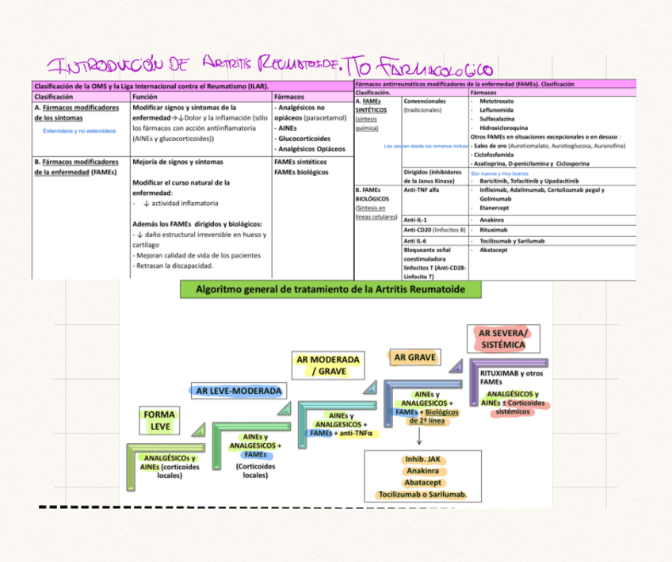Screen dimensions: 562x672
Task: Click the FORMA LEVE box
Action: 160,420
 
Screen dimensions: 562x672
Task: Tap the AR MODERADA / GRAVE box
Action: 327,365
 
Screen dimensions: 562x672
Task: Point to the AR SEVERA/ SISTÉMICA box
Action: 502,338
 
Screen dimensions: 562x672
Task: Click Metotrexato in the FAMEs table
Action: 496,101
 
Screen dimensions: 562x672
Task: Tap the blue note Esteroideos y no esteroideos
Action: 79,130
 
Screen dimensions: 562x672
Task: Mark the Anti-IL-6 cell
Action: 416,240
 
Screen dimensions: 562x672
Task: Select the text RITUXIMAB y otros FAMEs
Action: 512,377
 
